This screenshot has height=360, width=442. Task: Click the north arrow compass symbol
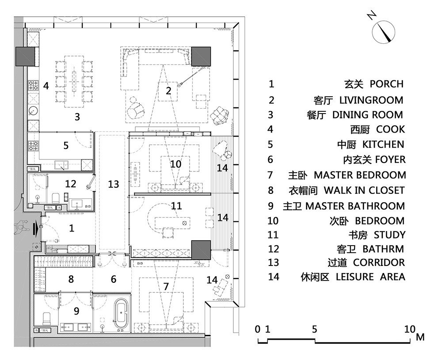coord(383,31)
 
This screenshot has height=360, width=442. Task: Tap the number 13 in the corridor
coord(114,184)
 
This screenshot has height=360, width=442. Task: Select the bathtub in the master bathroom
coord(120,315)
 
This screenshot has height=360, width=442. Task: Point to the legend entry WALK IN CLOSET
coord(364,190)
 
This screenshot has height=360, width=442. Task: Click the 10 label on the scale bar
coord(409,329)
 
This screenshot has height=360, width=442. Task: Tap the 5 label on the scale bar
coord(314,329)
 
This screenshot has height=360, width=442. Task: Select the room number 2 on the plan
coord(168,91)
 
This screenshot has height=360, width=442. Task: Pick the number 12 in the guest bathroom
coord(71,184)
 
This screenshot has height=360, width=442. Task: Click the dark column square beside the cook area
coord(25,56)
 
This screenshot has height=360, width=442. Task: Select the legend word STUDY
coord(389,235)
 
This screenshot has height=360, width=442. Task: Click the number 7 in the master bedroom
coord(166,286)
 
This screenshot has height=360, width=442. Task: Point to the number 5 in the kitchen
coord(66,145)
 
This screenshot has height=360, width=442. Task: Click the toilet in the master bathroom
coord(46,318)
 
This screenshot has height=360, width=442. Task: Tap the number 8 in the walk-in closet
coord(71,279)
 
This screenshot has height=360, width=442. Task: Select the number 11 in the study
coord(176,206)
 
